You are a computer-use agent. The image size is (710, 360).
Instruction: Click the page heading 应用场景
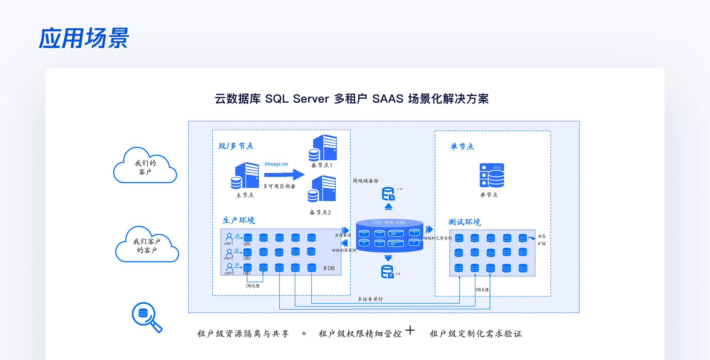tap(84, 38)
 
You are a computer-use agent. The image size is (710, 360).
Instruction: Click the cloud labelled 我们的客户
tap(145, 167)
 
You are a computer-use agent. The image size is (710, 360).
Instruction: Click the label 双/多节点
tap(236, 146)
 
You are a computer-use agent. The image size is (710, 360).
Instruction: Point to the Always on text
tap(276, 164)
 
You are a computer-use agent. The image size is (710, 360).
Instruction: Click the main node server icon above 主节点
tap(245, 175)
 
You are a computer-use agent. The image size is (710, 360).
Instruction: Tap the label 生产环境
tap(239, 220)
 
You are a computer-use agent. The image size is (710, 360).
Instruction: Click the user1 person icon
tap(229, 236)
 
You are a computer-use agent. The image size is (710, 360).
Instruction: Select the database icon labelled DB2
tap(247, 252)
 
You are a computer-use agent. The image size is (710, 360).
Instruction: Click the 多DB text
tap(329, 268)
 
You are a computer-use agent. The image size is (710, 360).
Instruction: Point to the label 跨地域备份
tap(365, 181)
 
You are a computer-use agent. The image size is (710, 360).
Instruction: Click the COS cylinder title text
tap(389, 223)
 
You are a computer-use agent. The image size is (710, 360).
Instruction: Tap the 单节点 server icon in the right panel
tap(492, 175)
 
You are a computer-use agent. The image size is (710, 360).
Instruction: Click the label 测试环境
tap(464, 222)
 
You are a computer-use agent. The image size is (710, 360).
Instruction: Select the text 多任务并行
tap(370, 299)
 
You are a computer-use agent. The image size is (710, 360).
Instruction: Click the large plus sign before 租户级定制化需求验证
tap(410, 330)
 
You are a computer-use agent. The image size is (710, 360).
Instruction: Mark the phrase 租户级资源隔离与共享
tap(243, 334)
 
